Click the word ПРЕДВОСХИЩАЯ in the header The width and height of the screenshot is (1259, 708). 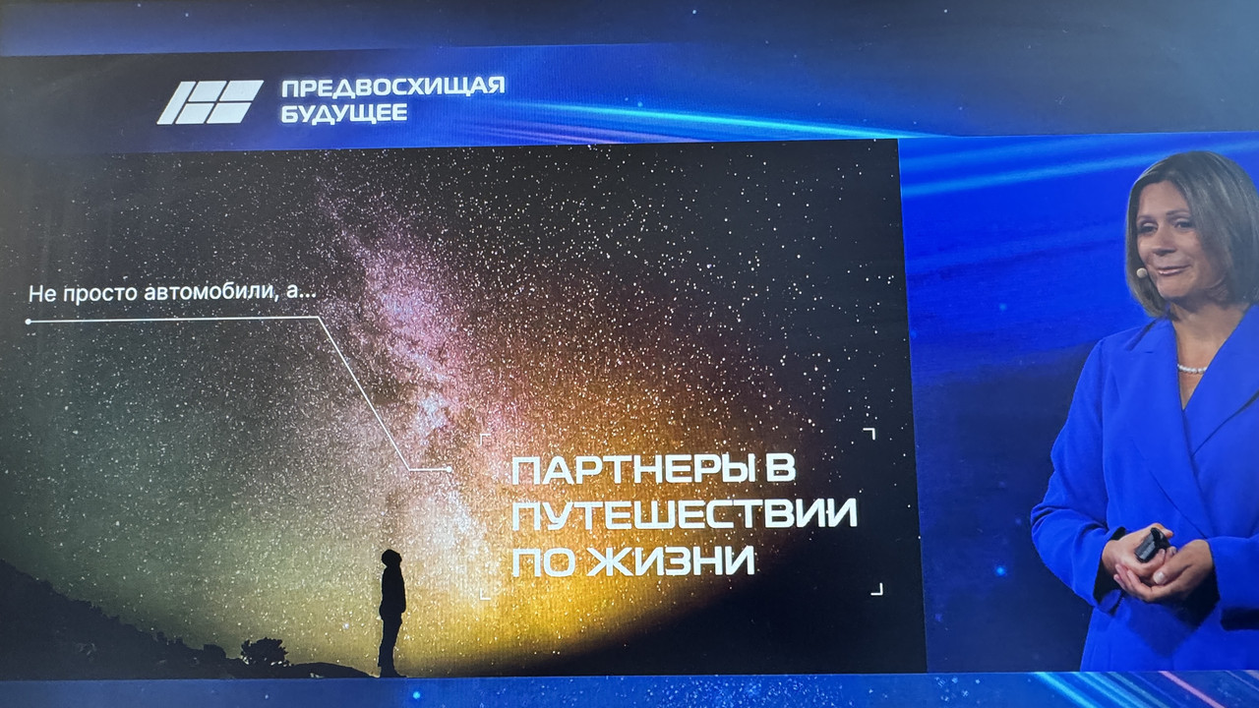392,88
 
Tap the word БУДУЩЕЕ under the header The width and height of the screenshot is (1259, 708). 344,113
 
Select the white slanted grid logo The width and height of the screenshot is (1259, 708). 210,102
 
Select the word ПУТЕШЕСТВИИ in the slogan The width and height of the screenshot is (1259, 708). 684,514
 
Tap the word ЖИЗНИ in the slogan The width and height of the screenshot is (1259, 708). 671,560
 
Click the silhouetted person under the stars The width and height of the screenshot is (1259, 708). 391,613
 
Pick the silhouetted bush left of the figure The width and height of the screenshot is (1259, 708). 265,652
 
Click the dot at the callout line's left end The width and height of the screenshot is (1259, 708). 29,322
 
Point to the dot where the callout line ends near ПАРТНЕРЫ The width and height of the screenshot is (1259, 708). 449,469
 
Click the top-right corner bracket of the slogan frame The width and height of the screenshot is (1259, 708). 869,434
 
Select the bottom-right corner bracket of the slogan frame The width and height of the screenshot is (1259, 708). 876,589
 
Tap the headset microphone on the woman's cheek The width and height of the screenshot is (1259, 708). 1141,272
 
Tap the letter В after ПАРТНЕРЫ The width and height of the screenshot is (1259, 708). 782,468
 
